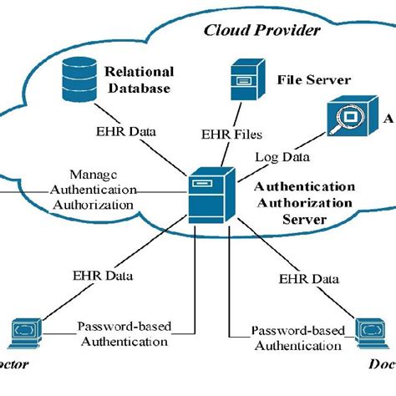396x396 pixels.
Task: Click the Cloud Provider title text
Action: [x=261, y=30]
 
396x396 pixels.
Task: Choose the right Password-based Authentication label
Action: [x=297, y=338]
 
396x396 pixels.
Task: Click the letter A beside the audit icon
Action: [x=388, y=120]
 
